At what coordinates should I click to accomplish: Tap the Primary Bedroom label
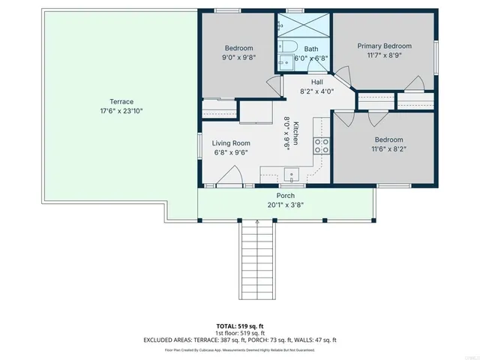[384, 46]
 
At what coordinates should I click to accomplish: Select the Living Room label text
[230, 142]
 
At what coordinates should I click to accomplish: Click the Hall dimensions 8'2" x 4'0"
[317, 91]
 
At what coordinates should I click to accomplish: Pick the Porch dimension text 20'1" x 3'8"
[285, 205]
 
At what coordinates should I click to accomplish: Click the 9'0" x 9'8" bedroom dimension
[238, 57]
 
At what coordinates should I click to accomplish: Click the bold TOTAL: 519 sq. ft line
[239, 326]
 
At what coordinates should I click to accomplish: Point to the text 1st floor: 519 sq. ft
[239, 333]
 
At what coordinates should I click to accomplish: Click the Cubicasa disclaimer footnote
[239, 349]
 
